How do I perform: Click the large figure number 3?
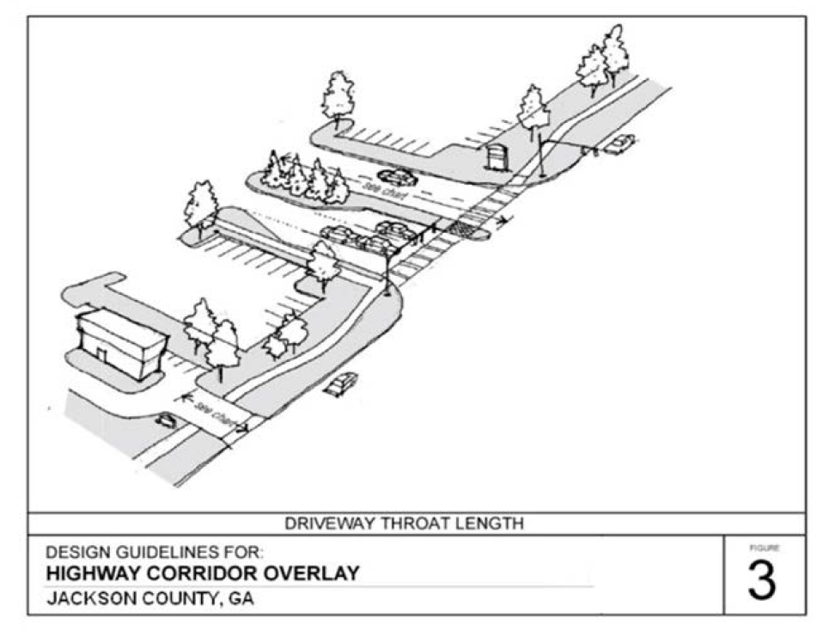(761, 580)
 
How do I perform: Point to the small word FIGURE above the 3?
(761, 548)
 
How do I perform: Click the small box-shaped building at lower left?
(120, 343)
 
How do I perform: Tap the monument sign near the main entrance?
(496, 157)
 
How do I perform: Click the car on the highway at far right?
(619, 144)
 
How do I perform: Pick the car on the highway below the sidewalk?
(341, 383)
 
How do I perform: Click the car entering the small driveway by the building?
(166, 420)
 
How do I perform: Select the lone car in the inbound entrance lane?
(397, 178)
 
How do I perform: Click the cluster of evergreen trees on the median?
(305, 180)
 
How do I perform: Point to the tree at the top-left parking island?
(338, 96)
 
